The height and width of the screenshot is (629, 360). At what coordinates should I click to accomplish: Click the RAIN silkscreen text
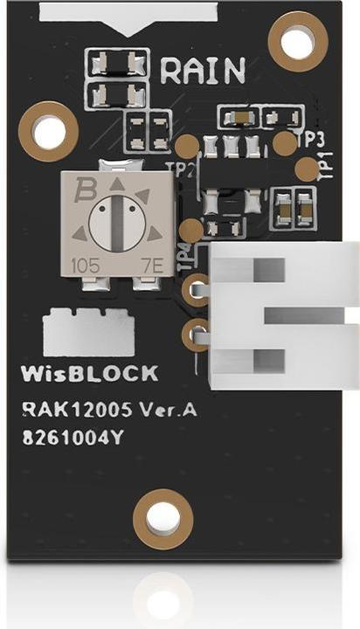[203, 69]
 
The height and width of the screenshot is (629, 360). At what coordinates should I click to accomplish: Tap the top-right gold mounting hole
[298, 41]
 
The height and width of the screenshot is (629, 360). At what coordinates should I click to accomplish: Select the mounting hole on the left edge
[48, 129]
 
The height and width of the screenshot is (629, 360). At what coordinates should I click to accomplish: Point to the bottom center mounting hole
[163, 519]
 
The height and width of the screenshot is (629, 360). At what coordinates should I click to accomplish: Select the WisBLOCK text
[89, 374]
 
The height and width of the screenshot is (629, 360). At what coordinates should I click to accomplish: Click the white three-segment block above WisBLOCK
[88, 331]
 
